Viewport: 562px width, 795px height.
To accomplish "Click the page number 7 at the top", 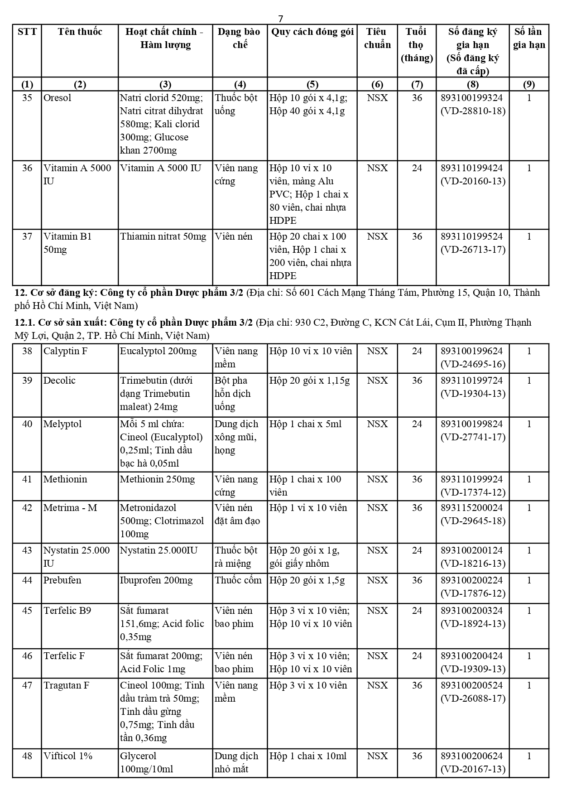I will [281, 19].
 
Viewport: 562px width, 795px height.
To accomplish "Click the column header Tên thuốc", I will [80, 32].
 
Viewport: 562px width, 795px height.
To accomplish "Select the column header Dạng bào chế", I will [240, 38].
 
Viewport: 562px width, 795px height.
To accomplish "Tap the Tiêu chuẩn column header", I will [377, 38].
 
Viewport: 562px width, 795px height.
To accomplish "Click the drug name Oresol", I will [58, 98].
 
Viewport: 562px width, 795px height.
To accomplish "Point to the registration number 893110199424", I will [471, 168].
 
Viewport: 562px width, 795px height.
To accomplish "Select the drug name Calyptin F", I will [65, 351].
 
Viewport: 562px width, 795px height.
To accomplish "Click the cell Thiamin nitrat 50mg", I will [163, 236].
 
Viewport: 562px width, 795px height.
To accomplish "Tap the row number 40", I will [27, 424].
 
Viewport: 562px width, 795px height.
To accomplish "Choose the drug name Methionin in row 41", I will [65, 479].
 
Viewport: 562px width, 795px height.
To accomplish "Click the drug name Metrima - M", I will [70, 508].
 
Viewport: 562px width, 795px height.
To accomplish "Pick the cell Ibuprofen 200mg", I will [156, 580].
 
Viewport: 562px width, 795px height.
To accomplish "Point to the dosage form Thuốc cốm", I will [238, 580].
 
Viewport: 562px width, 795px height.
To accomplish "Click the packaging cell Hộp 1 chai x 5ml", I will [306, 424].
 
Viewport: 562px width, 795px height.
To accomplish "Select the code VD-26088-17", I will [473, 699].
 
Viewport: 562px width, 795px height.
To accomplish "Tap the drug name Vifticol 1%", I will [68, 756].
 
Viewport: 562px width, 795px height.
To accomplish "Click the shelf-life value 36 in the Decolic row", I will [417, 381].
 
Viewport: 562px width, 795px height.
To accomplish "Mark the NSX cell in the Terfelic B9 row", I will [377, 611].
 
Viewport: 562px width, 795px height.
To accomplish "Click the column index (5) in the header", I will [312, 84].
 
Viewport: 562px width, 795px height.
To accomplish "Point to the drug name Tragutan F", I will [67, 685].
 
